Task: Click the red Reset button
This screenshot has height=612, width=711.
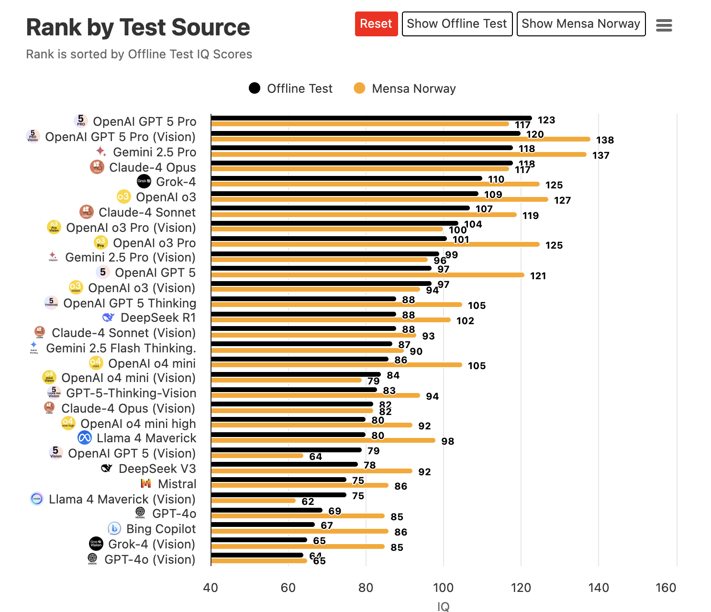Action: [x=376, y=24]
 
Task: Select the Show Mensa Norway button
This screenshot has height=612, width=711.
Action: [x=581, y=24]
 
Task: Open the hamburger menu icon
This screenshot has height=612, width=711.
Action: [x=664, y=25]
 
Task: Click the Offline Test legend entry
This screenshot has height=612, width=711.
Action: [x=290, y=88]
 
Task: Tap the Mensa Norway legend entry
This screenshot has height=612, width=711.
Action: [x=405, y=88]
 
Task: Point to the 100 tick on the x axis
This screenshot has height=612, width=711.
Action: [x=443, y=588]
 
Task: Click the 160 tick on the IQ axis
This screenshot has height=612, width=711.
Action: [x=666, y=588]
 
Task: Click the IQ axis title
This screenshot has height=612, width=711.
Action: [x=443, y=606]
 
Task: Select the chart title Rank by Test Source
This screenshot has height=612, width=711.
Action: [x=138, y=27]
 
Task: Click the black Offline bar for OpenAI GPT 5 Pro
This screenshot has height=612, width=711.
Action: [x=371, y=118]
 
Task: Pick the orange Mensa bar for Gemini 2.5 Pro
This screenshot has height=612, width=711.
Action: [x=399, y=154]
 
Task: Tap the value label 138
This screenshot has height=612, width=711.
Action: [x=605, y=140]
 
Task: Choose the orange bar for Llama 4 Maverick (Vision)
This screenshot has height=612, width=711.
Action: [x=254, y=501]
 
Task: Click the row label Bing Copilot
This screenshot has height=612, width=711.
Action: [x=161, y=529]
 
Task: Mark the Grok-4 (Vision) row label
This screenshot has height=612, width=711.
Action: [x=152, y=544]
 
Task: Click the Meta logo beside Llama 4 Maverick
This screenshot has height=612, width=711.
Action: [x=85, y=437]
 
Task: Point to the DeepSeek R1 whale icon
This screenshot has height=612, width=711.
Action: [x=109, y=317]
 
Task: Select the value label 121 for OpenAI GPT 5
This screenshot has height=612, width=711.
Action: [x=538, y=276]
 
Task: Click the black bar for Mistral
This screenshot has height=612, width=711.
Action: [x=278, y=480]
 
